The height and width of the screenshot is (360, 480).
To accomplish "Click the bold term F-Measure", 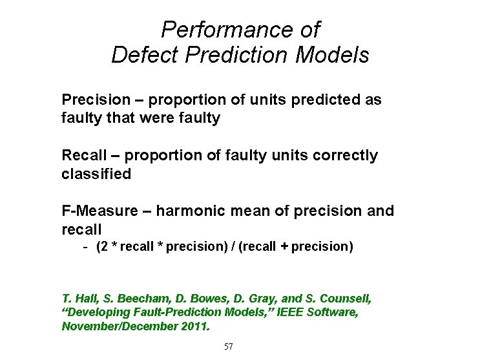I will (99, 211).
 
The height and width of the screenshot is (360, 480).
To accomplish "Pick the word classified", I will (96, 174).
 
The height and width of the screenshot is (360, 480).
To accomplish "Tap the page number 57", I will (229, 347).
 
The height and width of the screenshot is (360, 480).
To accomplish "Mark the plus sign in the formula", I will (284, 247).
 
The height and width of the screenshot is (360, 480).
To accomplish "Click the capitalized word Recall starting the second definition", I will (81, 156).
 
